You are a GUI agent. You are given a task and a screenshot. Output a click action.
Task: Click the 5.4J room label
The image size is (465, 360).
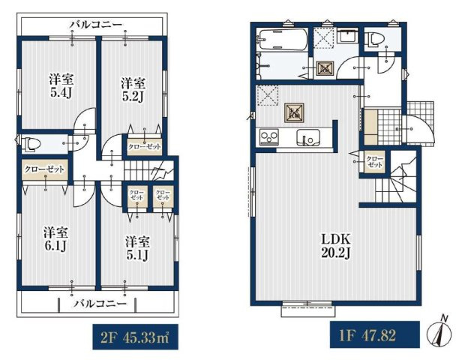point(61,85)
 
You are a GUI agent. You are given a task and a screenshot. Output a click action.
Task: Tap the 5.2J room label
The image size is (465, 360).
point(133,90)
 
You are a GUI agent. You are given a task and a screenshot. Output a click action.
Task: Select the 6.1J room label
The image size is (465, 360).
point(56,239)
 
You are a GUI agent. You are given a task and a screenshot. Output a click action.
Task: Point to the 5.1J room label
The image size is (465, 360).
point(137,248)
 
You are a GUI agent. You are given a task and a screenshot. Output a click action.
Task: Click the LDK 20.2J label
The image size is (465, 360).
point(336,246)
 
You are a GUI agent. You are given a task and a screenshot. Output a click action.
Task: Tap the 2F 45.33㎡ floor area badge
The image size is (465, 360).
point(135,337)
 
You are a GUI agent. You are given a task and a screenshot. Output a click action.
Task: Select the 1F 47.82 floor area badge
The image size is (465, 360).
point(375,334)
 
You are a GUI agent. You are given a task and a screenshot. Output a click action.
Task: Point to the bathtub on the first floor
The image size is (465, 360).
point(283,40)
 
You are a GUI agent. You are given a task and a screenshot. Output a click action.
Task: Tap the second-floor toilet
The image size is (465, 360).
point(31,144)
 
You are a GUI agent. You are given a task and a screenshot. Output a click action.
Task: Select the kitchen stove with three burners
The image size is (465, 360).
point(269,137)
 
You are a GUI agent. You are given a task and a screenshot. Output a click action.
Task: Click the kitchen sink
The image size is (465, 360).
point(308,137)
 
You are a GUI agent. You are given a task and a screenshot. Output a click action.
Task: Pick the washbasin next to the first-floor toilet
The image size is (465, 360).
point(348,36)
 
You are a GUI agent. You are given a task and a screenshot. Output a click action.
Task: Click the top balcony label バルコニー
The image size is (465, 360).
point(96,25)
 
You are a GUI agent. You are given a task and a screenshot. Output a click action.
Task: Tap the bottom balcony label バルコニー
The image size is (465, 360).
point(100,303)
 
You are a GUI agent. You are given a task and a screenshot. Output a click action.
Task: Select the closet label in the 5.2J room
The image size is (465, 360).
point(145,146)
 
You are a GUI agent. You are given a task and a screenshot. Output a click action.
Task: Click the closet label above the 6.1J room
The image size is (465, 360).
point(44,169)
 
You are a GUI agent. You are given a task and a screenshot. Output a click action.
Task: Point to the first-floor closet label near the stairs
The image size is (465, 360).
point(375,162)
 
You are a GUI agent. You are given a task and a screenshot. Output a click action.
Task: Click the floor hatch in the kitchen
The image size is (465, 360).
point(295,112)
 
